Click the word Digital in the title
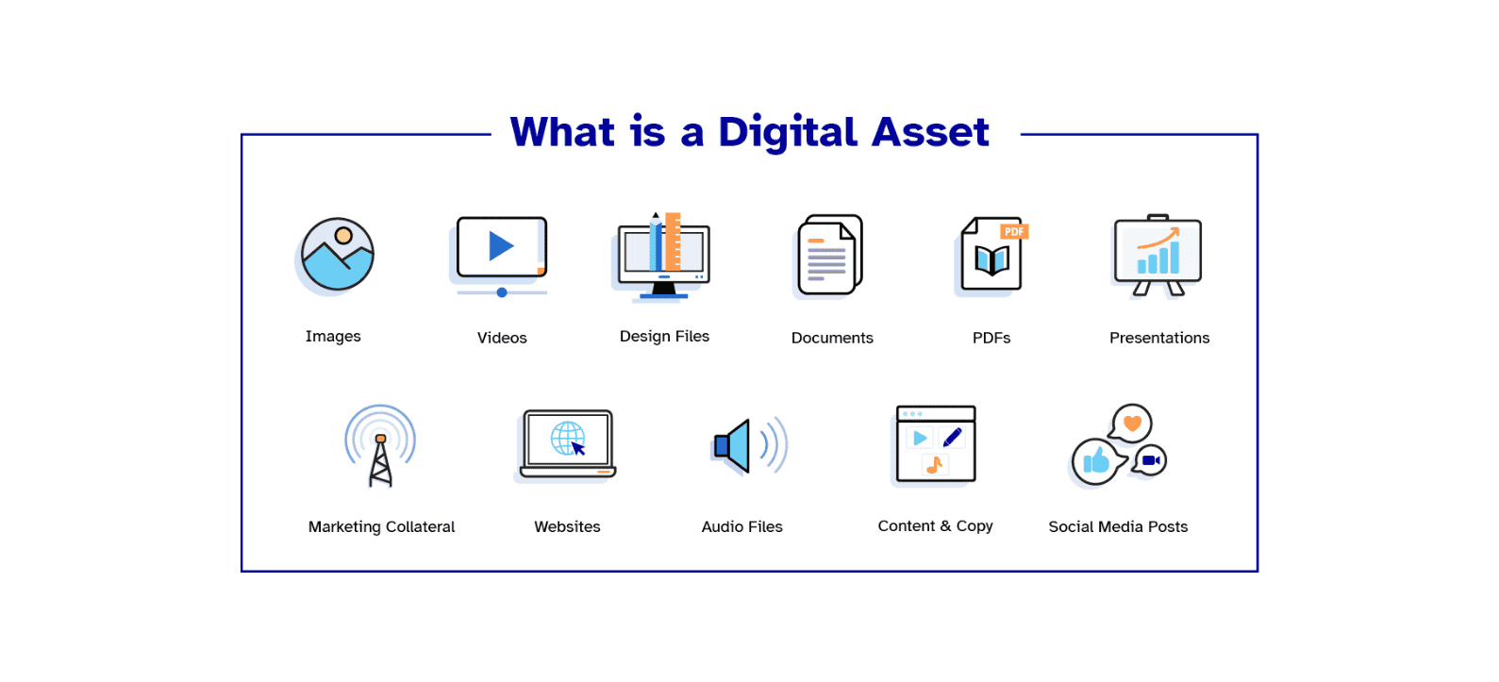click(788, 132)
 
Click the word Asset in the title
click(930, 132)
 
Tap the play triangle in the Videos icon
click(501, 246)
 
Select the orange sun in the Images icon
click(343, 235)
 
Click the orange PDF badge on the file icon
click(1013, 231)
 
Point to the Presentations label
click(1158, 338)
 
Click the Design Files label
click(664, 336)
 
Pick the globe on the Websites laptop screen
click(567, 438)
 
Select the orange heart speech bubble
click(1132, 424)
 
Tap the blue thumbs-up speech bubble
click(1095, 461)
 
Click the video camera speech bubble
click(1150, 460)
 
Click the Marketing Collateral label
click(381, 526)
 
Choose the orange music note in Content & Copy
click(934, 464)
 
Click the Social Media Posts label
click(1118, 526)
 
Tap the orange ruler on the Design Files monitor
click(673, 242)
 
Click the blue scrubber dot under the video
click(502, 292)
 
